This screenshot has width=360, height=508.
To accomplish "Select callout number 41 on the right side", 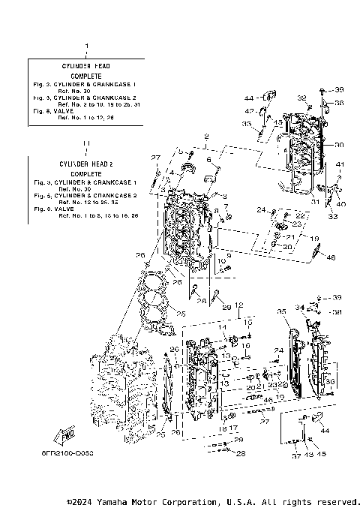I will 340,164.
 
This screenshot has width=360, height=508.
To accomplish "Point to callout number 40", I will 341,203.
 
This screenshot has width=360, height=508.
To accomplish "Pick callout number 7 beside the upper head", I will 226,206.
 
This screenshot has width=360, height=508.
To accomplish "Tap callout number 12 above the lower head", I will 238,305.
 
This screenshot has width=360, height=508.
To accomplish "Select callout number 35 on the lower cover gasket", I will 281,311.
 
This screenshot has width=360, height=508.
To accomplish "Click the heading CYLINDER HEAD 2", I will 85,163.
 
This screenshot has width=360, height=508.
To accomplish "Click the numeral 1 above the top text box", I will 86,47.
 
